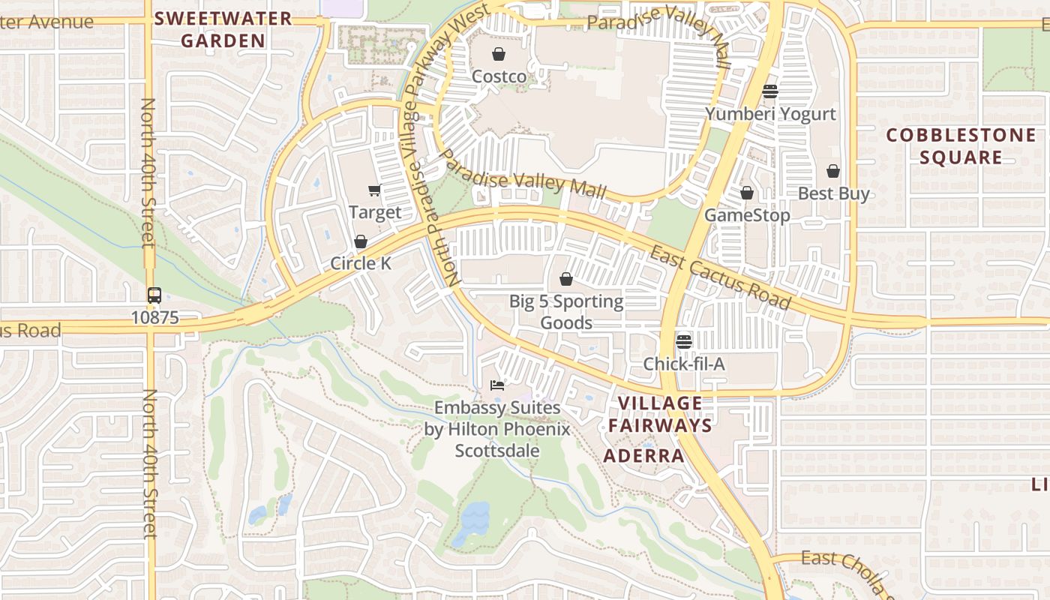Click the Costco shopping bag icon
498,54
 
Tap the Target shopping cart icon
374,190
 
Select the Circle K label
361,263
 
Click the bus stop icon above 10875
154,295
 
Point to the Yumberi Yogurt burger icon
769,91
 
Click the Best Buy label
833,193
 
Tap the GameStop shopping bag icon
746,193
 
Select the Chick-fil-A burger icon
683,342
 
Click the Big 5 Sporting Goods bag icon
566,279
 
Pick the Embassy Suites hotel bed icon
496,385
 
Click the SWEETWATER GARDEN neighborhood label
223,29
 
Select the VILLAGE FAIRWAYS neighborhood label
659,414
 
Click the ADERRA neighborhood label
643,456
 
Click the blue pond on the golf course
475,517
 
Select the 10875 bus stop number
155,317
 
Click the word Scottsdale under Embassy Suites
496,451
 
